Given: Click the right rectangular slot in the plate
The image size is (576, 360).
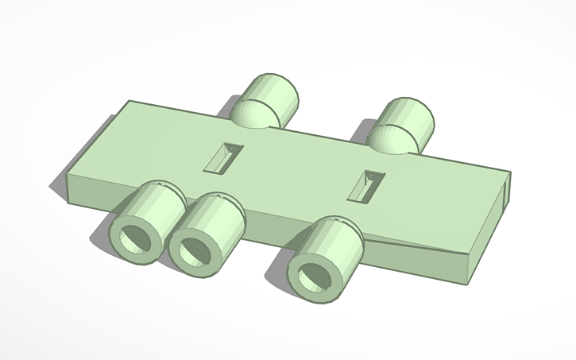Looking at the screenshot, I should [368, 184].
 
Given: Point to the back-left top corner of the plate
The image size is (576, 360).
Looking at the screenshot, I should [130, 103].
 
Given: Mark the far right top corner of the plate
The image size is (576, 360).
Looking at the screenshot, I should [508, 172].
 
